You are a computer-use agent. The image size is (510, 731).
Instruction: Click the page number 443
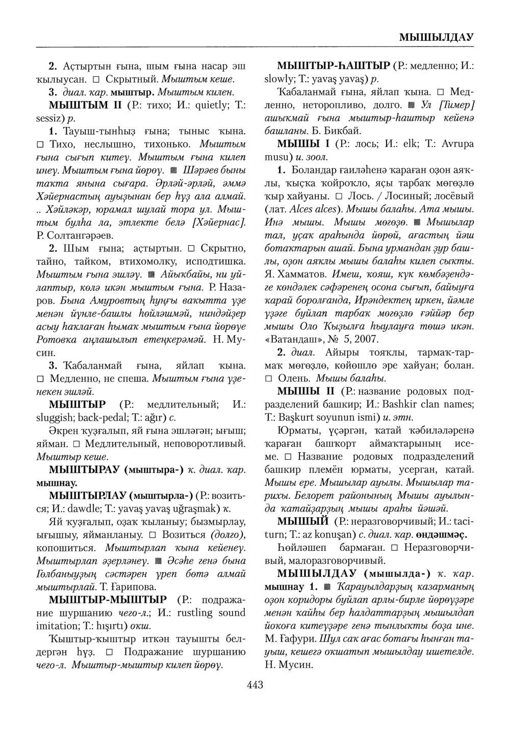pyautogui.click(x=254, y=685)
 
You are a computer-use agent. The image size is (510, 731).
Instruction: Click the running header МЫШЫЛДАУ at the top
pyautogui.click(x=437, y=37)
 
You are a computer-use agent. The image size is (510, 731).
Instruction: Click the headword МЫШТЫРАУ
pyautogui.click(x=84, y=469)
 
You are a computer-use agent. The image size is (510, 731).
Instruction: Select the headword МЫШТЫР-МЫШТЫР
pyautogui.click(x=108, y=599)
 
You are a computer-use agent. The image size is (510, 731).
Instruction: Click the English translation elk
pyautogui.click(x=396, y=144)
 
